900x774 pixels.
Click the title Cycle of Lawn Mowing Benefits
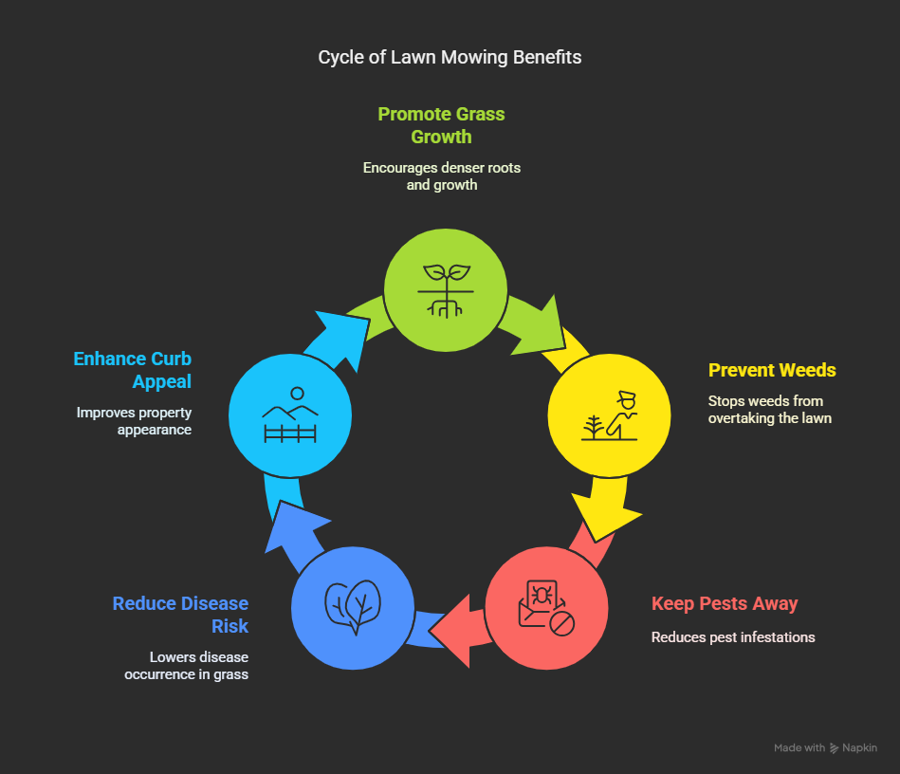[x=450, y=58]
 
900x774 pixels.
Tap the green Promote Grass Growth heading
[x=441, y=125]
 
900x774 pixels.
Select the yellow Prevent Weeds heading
[x=772, y=370]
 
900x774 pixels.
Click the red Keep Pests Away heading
[x=725, y=604]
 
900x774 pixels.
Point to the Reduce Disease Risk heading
[x=180, y=615]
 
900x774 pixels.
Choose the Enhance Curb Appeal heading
[x=133, y=370]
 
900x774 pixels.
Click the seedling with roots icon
[x=446, y=290]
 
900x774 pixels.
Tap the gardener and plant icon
[x=609, y=415]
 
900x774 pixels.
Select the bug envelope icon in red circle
[x=546, y=607]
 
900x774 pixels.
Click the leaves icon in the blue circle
[x=353, y=607]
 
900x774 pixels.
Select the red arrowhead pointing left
[x=452, y=631]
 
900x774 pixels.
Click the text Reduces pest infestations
[x=733, y=637]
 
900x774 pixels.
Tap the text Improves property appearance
[x=135, y=421]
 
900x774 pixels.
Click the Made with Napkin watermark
[x=825, y=747]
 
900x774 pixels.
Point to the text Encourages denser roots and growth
[x=441, y=176]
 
